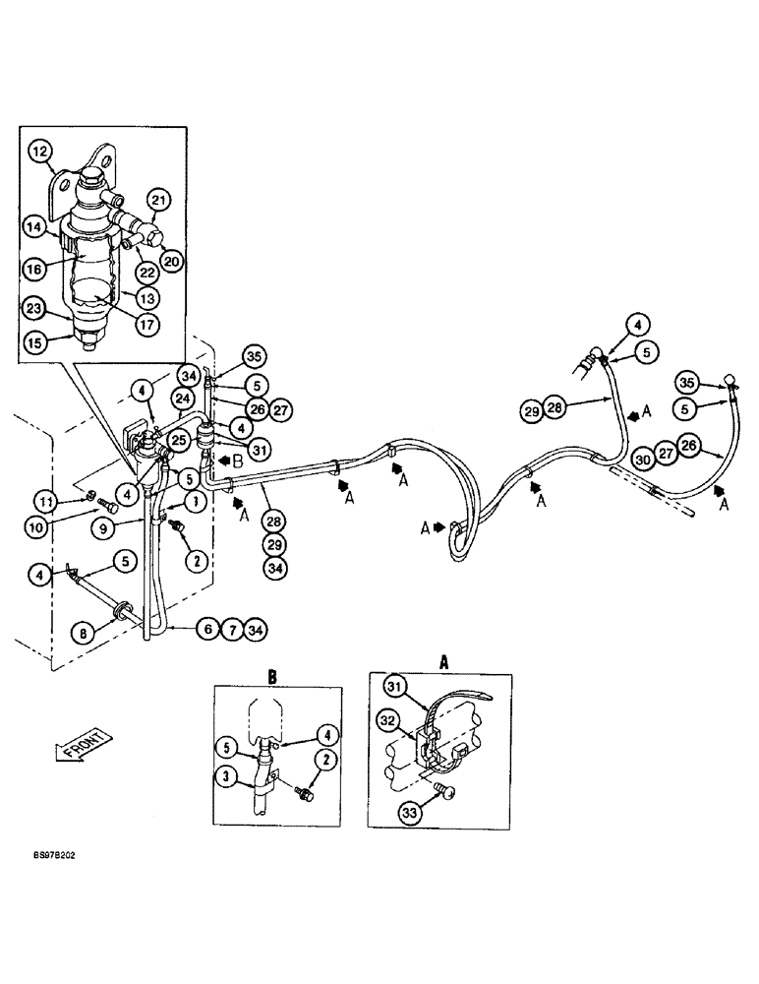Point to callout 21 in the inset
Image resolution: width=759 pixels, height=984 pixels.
[x=160, y=201]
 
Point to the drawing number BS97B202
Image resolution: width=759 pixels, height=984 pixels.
[x=52, y=856]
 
